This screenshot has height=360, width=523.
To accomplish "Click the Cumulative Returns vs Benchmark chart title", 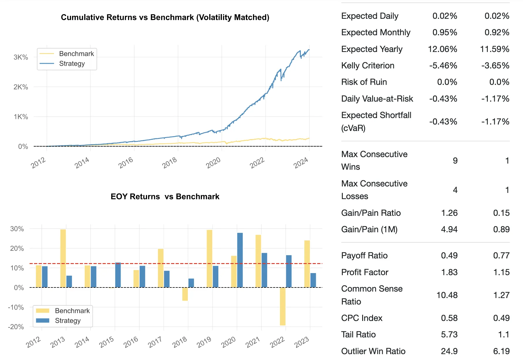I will click(x=165, y=17).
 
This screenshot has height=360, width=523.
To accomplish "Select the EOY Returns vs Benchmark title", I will click(x=165, y=196).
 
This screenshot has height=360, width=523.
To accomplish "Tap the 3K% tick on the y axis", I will click(x=21, y=57).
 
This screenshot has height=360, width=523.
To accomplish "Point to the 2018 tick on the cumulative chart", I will click(x=170, y=162).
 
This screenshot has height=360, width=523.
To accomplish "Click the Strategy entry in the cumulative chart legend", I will click(x=72, y=63).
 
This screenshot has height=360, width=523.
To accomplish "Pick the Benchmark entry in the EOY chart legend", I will click(x=72, y=311).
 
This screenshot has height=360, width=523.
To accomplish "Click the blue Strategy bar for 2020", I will click(x=240, y=260).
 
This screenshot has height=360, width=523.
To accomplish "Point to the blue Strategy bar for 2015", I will click(x=118, y=275).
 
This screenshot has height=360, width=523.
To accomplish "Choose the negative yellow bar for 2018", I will click(x=185, y=294).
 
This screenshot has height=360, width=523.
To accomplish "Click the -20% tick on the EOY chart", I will click(x=16, y=327).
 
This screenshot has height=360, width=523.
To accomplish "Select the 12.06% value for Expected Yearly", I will click(x=442, y=49).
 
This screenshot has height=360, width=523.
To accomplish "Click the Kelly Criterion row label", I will click(x=367, y=65).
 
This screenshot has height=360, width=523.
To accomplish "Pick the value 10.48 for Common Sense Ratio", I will click(x=447, y=295).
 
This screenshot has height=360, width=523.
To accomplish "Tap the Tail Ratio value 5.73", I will click(x=449, y=334).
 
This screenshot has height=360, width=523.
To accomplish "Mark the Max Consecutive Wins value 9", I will click(x=455, y=161).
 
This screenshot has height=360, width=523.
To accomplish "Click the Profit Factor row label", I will click(x=365, y=272).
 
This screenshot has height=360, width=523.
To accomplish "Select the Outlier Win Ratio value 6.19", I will click(x=501, y=351).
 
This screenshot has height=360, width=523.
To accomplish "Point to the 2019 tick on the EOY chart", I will click(x=204, y=342).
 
